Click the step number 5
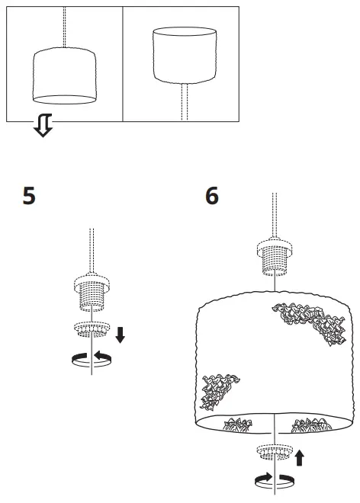click(28, 197)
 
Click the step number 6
click(212, 197)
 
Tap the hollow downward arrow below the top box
click(43, 128)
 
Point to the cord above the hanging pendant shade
click(65, 27)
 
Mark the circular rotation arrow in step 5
click(92, 358)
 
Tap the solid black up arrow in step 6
click(300, 457)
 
